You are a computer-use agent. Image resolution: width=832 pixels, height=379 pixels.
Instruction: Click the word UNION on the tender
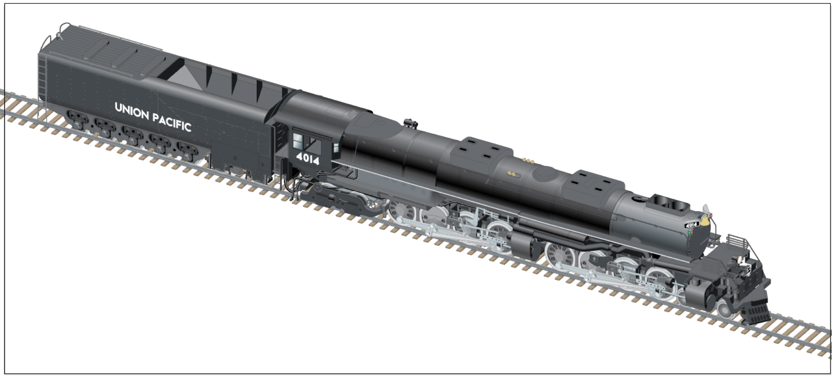click(132, 111)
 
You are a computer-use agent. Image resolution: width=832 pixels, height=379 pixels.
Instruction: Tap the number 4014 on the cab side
click(308, 158)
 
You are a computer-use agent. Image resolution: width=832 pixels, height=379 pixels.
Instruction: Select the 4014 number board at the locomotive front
click(692, 225)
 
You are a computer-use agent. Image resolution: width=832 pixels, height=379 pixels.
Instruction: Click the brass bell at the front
click(704, 221)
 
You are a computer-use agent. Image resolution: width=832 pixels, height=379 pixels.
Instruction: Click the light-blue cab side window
click(298, 141)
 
